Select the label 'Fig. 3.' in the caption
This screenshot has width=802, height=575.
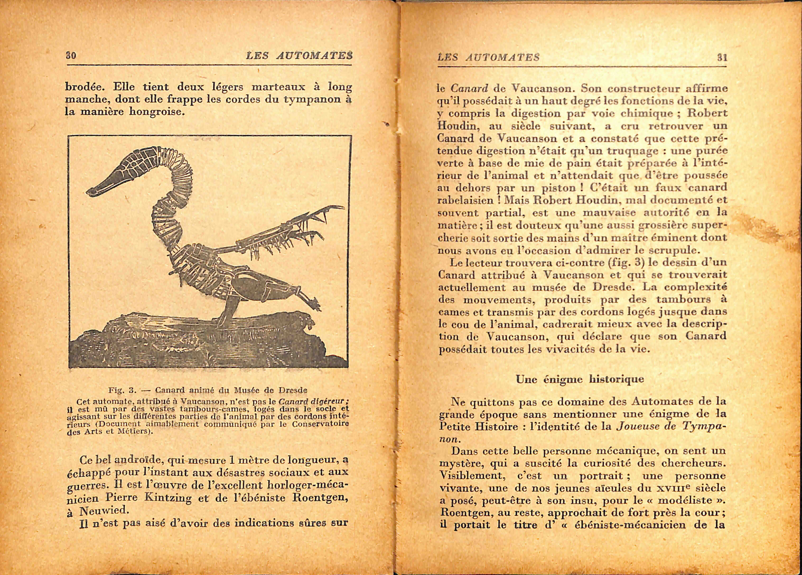click(x=122, y=390)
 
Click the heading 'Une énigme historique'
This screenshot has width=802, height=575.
click(x=580, y=379)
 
